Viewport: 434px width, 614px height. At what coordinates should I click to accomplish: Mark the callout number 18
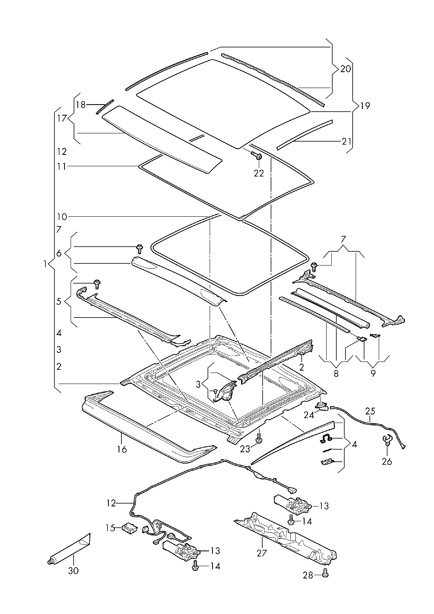coord(80,105)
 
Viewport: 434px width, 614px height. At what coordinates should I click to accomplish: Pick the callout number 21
coord(347,141)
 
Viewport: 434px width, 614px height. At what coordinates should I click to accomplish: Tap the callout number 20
coord(346,69)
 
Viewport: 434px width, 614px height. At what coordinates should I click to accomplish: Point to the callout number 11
coord(61,167)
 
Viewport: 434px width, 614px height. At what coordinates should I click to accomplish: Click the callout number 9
coord(373,373)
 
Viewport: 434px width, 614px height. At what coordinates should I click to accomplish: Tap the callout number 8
coord(336,373)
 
